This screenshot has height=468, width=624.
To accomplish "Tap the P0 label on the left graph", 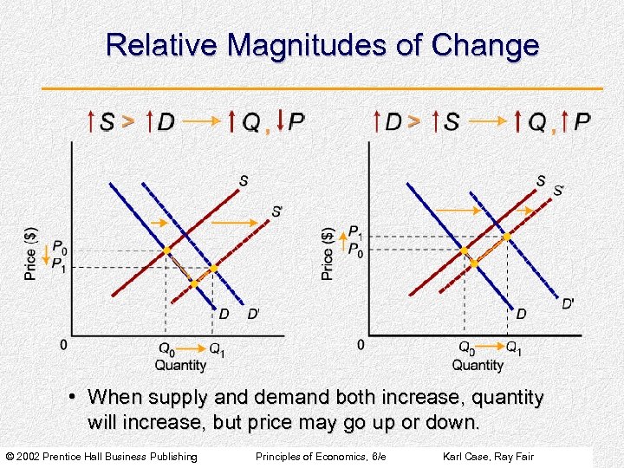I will [x=59, y=249].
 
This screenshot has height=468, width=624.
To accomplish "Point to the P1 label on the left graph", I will [x=59, y=264].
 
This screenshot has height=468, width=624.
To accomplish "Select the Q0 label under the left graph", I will [x=166, y=349].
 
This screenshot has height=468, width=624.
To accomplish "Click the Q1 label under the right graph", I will [x=514, y=349].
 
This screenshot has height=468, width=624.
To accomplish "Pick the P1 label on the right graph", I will [x=355, y=232].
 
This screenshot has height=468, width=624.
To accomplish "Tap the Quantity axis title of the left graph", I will [x=180, y=365].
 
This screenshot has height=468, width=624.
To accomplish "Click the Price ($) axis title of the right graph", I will [x=328, y=253].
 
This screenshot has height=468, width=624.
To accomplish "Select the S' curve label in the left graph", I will [x=276, y=211].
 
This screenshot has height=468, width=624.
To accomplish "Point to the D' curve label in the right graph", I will [x=568, y=302].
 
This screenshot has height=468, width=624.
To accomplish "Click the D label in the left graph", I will [x=224, y=314].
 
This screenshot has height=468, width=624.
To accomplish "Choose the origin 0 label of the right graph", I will [x=361, y=345].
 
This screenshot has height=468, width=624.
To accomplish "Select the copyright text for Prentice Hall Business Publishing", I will [x=102, y=457].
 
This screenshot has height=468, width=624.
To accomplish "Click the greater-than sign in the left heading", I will [x=128, y=121].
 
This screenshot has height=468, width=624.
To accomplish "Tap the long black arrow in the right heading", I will [x=488, y=121].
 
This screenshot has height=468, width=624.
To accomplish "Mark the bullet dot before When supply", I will [x=75, y=398].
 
